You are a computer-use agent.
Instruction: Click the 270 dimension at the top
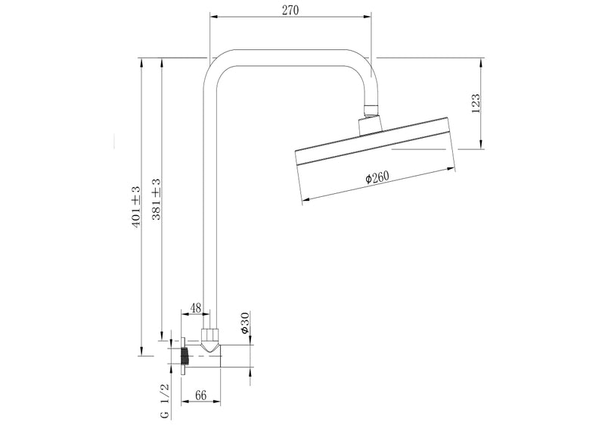[x=290, y=9]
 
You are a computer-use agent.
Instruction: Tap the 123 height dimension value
[x=476, y=102]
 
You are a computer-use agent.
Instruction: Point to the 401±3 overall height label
[x=136, y=206]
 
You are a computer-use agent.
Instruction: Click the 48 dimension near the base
[x=194, y=308]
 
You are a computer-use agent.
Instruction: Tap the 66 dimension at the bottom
[x=202, y=395]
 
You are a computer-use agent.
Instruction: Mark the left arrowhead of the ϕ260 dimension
[x=304, y=202]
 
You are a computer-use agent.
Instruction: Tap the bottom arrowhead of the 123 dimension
[x=482, y=147]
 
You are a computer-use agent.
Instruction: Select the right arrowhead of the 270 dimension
[x=371, y=16]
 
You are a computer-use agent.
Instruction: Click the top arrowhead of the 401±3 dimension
[x=141, y=58]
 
